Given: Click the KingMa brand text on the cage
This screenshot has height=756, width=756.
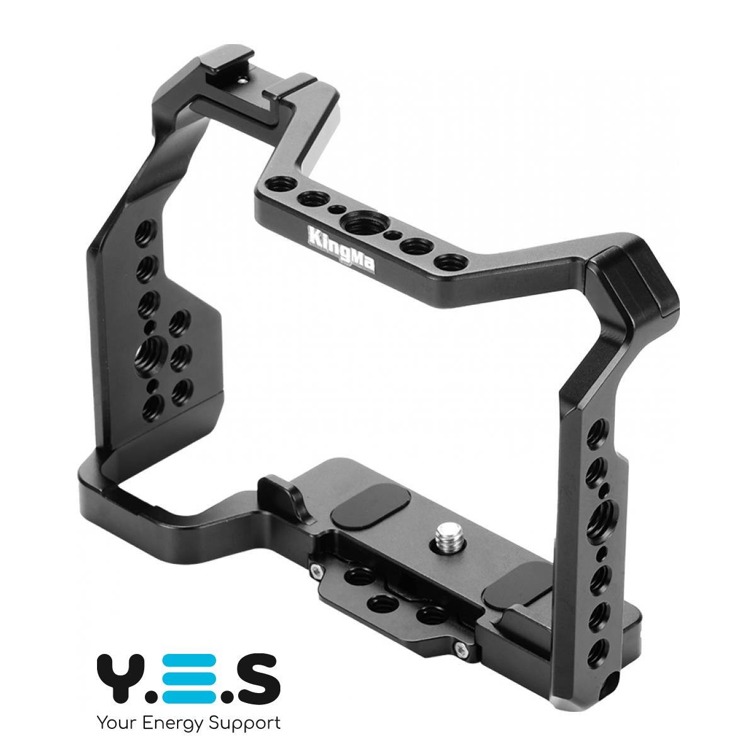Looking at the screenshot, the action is (x=341, y=248).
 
